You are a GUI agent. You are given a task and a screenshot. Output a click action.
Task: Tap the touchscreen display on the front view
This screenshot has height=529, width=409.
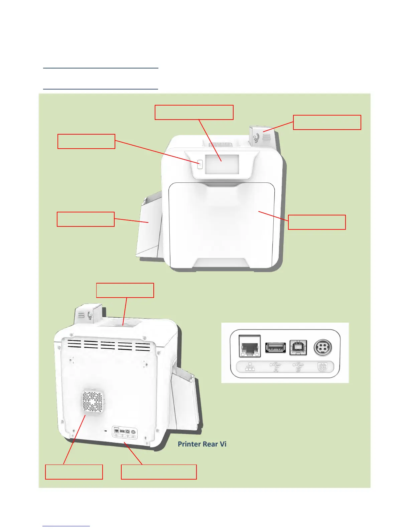coord(222,164)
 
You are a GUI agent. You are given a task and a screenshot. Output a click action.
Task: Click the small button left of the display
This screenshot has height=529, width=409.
coord(200,164)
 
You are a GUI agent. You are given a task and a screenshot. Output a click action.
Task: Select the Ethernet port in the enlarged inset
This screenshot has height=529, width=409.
coord(250,347)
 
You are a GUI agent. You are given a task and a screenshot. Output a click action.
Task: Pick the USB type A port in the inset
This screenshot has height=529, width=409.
coord(276,347)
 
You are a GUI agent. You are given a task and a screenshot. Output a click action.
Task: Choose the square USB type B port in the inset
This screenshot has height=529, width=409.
coord(298,348)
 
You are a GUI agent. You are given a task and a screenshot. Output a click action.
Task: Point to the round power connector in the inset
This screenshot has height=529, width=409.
coord(322,348)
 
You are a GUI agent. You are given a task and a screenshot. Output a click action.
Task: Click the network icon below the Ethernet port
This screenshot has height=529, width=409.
coord(250,367)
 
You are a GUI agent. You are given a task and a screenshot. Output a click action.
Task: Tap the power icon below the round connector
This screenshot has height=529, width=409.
coord(322,367)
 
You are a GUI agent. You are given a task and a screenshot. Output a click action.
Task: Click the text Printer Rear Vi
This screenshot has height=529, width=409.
coord(202,444)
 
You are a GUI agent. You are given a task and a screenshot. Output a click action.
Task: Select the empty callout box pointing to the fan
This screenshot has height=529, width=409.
coord(74,472)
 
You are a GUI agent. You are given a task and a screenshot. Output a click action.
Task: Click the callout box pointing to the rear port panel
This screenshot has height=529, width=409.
coord(159,472)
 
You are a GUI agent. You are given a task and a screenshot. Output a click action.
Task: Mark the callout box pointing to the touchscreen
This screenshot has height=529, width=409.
coord(194,112)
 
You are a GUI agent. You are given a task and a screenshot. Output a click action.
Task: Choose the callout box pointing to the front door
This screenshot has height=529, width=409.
coord(316,222)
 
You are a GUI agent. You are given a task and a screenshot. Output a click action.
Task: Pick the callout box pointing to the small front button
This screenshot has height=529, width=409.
coord(86,141)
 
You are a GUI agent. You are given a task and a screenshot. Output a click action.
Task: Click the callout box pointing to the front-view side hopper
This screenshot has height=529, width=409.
coord(86,219)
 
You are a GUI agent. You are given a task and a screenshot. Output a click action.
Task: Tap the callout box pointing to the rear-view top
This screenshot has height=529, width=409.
coord(125,290)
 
